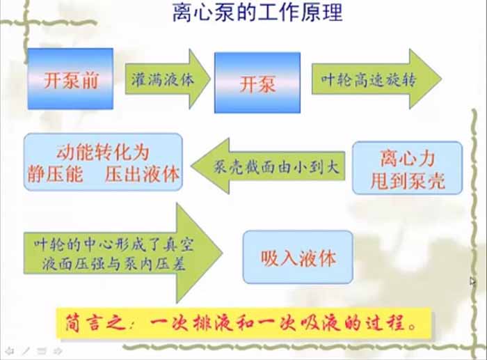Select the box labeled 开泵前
click(70, 78)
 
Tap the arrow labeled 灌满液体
click(166, 78)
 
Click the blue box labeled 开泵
click(257, 84)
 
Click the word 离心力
click(407, 156)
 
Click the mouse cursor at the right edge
click(472, 281)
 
